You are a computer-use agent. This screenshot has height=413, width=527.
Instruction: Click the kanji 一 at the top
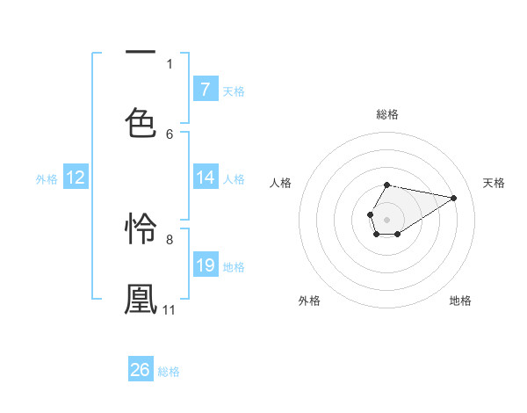coord(141,53)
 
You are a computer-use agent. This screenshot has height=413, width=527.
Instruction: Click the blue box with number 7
coord(206,89)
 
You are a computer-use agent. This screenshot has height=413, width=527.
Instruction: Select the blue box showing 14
coord(206,178)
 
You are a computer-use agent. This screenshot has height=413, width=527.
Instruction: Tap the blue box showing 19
coord(206,264)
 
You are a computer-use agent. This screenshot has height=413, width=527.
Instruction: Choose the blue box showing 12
coord(76,178)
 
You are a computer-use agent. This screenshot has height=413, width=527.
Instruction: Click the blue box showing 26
coord(141,370)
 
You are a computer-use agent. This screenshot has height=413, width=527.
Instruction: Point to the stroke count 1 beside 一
coord(170,63)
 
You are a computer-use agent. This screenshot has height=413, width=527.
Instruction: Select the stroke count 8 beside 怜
coord(170,239)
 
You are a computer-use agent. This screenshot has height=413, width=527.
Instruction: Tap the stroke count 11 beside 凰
coord(169,309)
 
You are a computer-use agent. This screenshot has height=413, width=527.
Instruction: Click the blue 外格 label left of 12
coord(47,178)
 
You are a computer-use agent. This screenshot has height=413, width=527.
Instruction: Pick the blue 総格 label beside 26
coord(169,371)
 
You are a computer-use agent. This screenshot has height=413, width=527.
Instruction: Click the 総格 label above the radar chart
coord(386,114)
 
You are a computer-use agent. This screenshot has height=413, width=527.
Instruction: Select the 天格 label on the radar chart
coord(494,183)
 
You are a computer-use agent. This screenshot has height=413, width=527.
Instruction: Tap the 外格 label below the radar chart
coord(309,301)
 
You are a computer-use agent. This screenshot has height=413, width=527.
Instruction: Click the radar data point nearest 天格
coord(454,197)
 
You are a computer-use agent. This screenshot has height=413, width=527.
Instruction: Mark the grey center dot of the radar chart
coord(386,218)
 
